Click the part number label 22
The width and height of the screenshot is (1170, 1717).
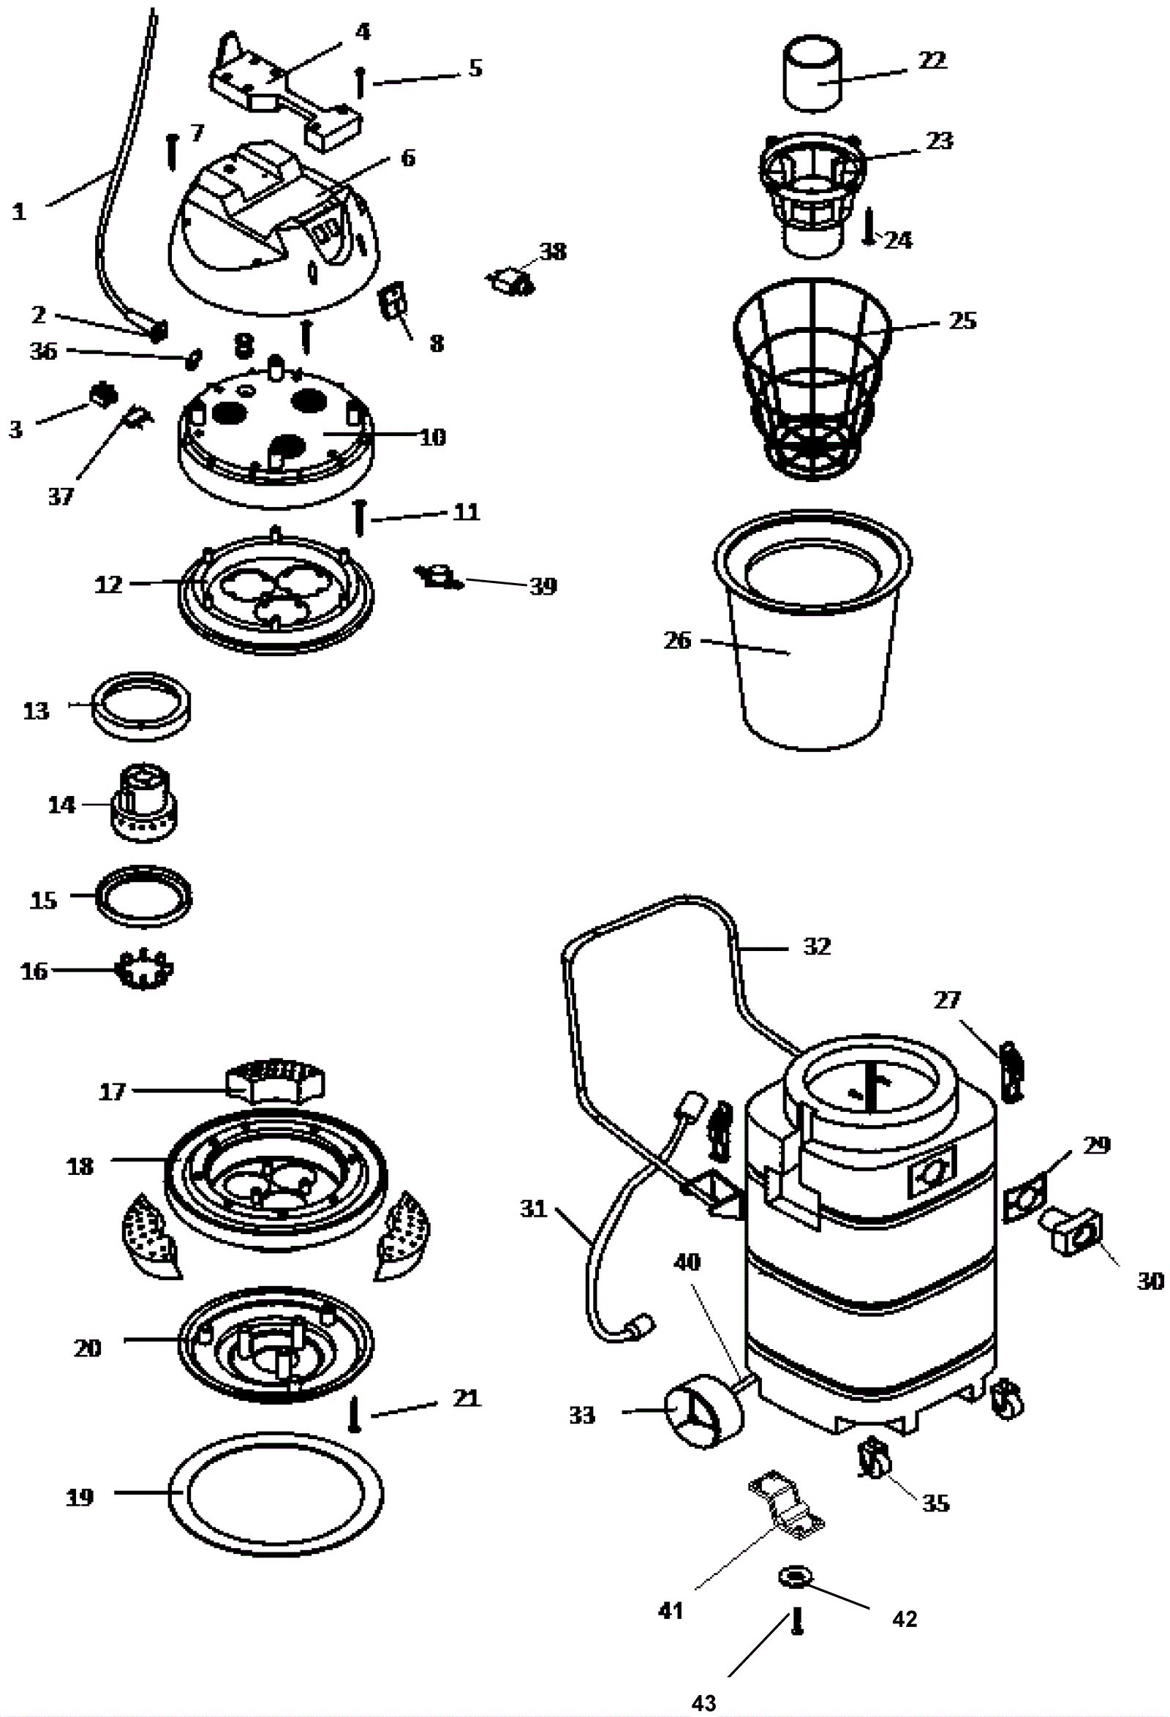click(x=932, y=60)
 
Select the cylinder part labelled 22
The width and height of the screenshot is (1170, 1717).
click(x=812, y=74)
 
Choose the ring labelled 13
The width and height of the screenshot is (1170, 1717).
click(x=141, y=707)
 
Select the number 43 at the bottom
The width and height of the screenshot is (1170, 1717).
click(x=704, y=1702)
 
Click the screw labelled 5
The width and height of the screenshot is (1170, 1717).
click(x=360, y=82)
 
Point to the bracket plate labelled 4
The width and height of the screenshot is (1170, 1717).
click(x=284, y=96)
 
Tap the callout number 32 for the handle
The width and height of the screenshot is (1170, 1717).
click(x=817, y=947)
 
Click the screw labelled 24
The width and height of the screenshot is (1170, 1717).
click(x=870, y=227)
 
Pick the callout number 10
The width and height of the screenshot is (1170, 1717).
click(x=433, y=437)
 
